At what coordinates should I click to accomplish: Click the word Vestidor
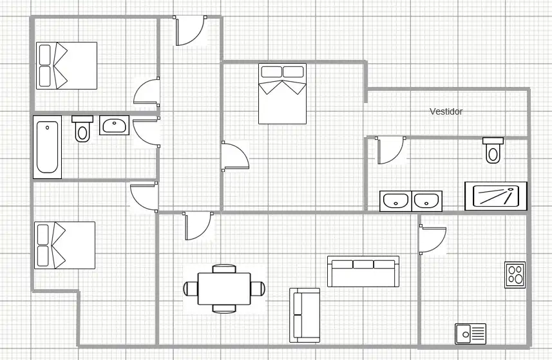[446, 111]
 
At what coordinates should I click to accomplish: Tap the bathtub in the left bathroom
[48, 147]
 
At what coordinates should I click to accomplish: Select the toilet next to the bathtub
[82, 129]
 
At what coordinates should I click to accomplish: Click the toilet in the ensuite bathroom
[493, 150]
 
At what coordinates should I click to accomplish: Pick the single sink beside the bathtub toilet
[114, 126]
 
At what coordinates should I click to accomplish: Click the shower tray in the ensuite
[496, 196]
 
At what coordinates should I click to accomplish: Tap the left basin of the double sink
[395, 202]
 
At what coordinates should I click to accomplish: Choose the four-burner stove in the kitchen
[515, 275]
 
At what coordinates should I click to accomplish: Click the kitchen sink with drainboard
[470, 334]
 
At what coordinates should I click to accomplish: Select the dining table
[224, 289]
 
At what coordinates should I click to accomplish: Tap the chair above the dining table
[224, 269]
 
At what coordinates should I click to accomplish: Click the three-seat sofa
[363, 271]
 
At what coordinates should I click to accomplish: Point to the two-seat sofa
[305, 316]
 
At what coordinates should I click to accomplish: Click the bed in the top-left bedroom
[66, 66]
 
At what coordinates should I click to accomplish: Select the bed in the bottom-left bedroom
[65, 245]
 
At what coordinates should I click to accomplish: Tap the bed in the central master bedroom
[282, 93]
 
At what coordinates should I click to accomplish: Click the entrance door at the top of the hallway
[190, 31]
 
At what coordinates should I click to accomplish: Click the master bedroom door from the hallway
[235, 156]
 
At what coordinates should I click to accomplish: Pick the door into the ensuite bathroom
[390, 150]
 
